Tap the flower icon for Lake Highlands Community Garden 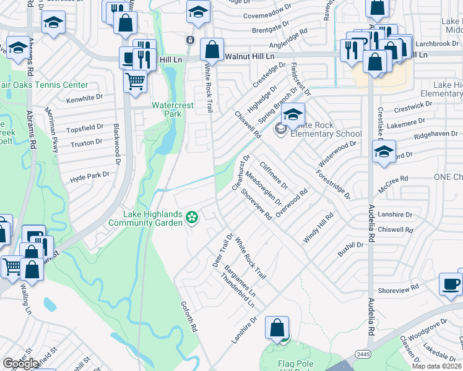coord(193,216)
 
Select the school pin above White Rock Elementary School coord(293,114)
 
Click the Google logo coord(20,364)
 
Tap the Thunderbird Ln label coord(238,289)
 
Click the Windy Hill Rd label coord(318,228)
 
